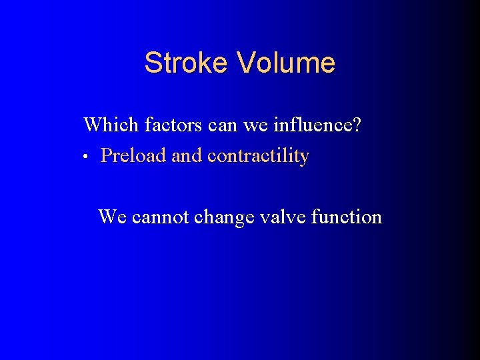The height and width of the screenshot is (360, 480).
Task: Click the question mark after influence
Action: tap(357, 125)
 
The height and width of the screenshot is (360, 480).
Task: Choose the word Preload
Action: tap(133, 156)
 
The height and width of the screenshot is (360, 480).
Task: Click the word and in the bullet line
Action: tap(187, 156)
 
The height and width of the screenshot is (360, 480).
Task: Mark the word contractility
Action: tap(258, 156)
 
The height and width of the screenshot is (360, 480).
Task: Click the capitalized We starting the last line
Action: tap(113, 217)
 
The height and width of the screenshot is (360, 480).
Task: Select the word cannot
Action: tap(161, 217)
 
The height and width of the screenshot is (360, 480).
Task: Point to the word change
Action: tap(223, 217)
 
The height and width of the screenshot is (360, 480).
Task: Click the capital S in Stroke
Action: tap(153, 63)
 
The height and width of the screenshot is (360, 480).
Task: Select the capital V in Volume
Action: tap(246, 63)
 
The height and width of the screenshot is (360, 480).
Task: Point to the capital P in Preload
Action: tap(106, 156)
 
